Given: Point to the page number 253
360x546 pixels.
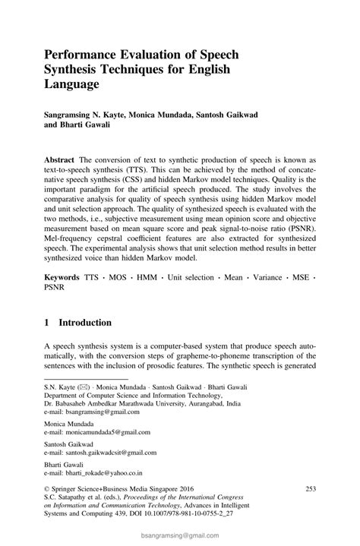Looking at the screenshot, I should tap(309, 488).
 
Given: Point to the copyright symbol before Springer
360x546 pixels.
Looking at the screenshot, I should tap(47, 489).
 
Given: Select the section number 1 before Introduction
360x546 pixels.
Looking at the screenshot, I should tap(47, 322).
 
